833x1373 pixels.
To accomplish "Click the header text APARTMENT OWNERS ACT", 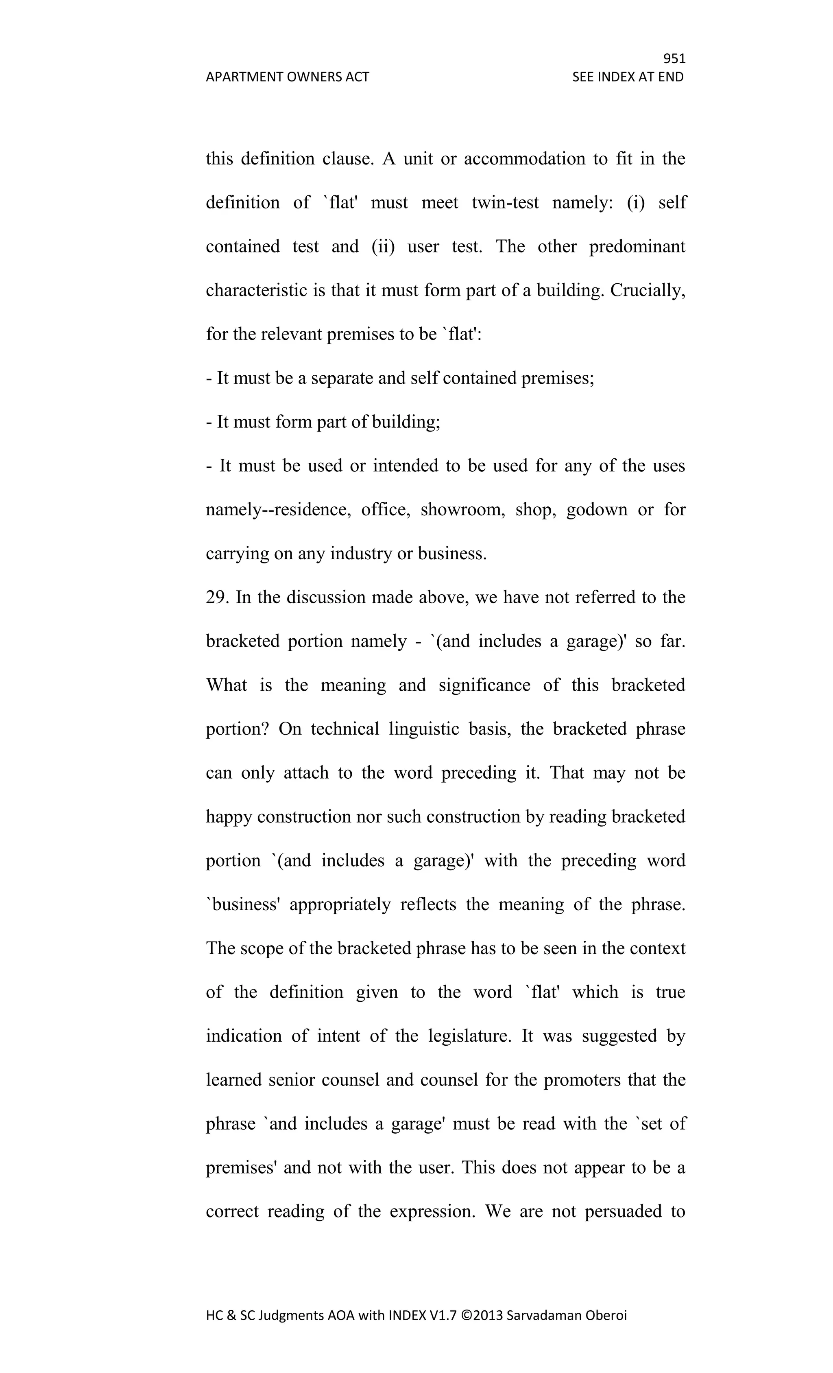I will point(287,77).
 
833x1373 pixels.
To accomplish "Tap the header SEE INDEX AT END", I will point(628,77).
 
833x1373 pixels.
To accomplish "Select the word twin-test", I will point(505,202).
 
